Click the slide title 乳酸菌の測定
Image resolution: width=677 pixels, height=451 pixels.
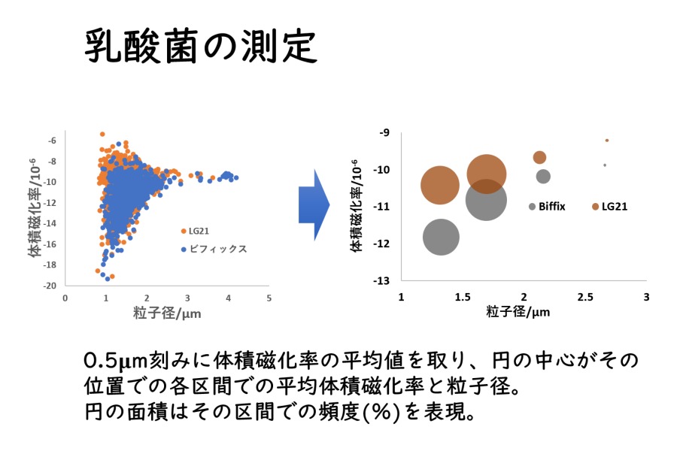coord(201,47)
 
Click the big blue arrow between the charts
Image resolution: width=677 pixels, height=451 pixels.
coord(314,205)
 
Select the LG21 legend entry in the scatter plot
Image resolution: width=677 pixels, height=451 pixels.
coord(195,232)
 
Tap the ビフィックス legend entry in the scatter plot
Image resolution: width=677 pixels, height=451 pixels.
coord(214,249)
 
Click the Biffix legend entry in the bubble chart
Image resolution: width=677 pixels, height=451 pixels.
coord(547,207)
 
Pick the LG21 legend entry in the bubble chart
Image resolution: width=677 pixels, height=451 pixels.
coord(609,207)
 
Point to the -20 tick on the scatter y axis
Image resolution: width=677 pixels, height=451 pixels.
coord(50,286)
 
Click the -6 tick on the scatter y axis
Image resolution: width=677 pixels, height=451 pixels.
coord(52,141)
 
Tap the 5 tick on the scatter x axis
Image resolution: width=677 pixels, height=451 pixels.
coord(269,298)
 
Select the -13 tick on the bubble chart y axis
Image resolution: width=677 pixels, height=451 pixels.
coord(381,281)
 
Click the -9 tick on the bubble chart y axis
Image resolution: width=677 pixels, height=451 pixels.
coord(384,132)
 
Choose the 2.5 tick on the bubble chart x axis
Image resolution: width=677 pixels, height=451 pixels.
coord(585,297)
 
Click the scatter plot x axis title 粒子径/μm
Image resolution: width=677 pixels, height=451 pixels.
coord(167,313)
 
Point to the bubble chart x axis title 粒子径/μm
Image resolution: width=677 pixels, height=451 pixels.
coord(518,311)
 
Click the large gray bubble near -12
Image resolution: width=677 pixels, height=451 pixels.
coord(441,237)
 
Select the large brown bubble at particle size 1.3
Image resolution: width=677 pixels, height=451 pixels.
coord(440,185)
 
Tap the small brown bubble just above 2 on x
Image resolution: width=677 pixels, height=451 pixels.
coord(539,158)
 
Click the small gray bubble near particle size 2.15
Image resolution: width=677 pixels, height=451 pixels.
coord(543,176)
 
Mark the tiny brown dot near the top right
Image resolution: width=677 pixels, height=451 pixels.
coord(607,141)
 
